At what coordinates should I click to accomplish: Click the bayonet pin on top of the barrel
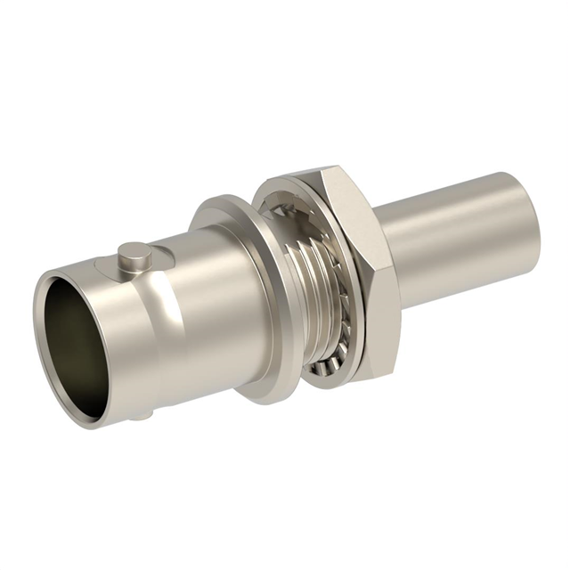(x=134, y=256)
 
